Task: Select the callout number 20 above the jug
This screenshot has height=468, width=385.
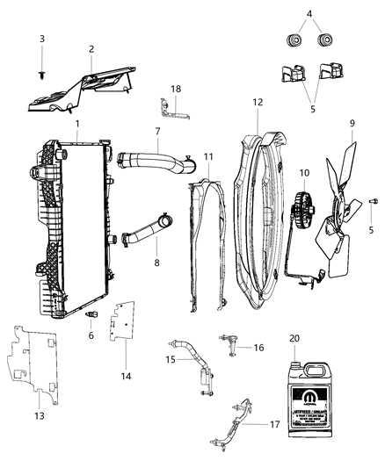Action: [x=294, y=338]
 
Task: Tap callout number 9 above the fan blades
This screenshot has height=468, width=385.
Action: [x=351, y=123]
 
